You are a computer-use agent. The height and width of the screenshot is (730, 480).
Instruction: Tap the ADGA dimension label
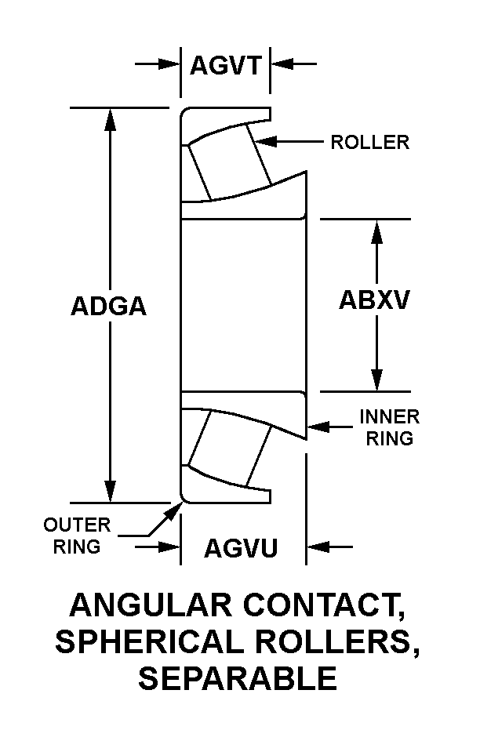(109, 306)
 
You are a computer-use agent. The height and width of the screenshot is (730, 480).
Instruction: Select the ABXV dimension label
(374, 300)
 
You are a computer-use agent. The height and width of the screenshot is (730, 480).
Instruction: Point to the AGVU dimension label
(241, 548)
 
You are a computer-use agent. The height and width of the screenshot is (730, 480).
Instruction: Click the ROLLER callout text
(369, 142)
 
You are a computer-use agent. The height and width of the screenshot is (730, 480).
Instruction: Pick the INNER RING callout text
(389, 427)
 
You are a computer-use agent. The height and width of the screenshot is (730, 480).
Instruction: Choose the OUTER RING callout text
(77, 536)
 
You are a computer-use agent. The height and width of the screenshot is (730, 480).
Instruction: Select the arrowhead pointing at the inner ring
(318, 427)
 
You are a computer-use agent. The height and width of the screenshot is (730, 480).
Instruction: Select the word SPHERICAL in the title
(150, 641)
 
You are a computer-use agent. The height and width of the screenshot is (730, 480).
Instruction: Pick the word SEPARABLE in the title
(238, 677)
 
